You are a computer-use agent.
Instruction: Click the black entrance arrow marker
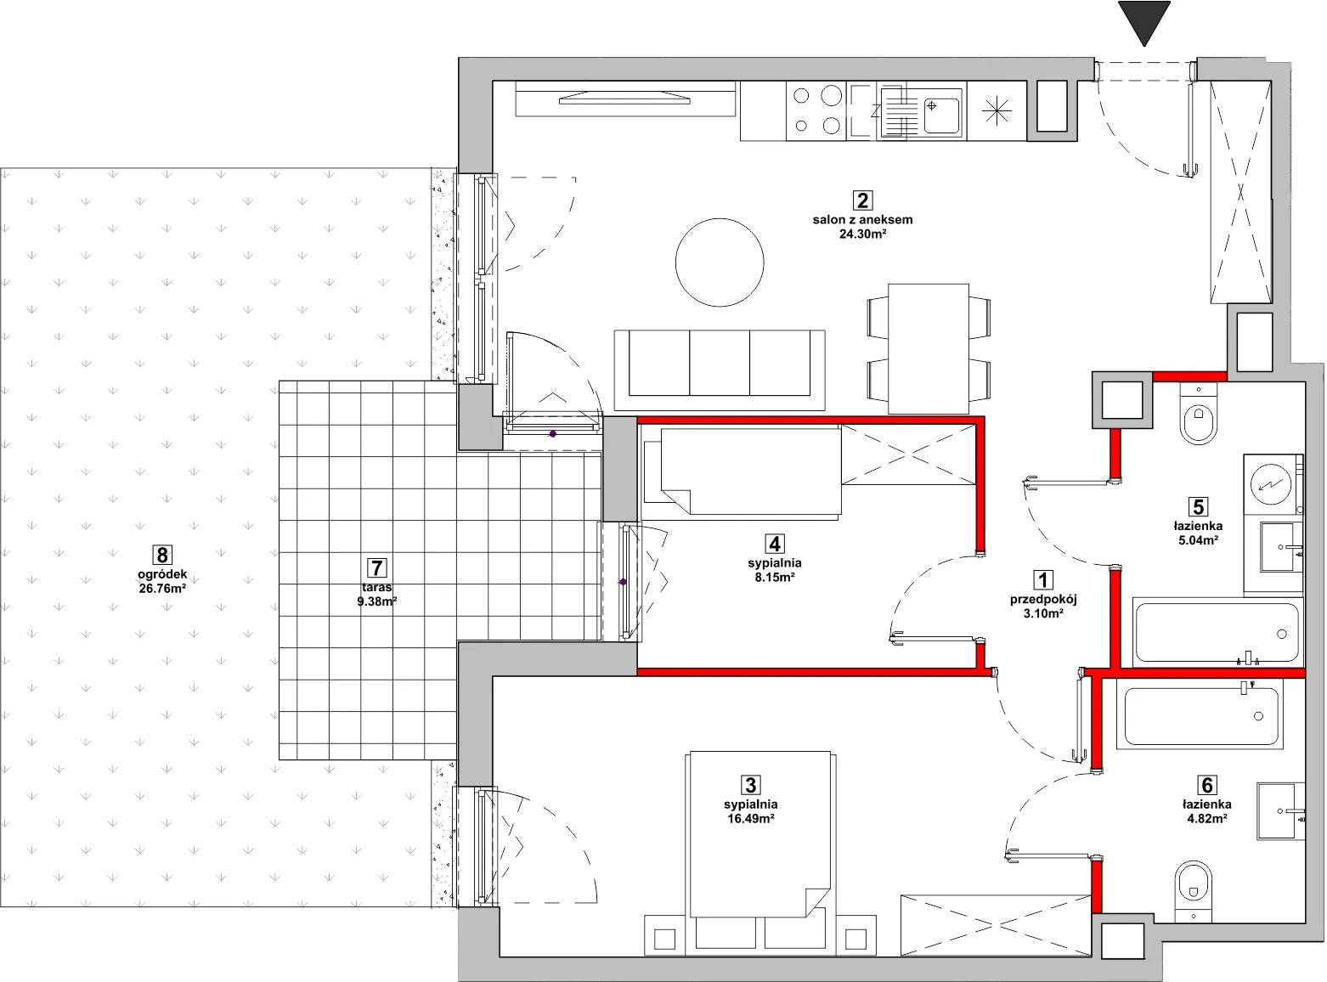pyautogui.click(x=1144, y=21)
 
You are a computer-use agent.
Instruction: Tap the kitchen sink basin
pyautogui.click(x=941, y=116)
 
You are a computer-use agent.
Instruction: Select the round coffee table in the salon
pyautogui.click(x=720, y=262)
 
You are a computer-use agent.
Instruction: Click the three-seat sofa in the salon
pyautogui.click(x=720, y=370)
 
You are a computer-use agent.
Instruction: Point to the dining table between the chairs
pyautogui.click(x=929, y=349)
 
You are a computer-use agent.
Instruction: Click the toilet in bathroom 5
pyautogui.click(x=1199, y=414)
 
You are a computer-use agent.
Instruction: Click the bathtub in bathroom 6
pyautogui.click(x=1200, y=716)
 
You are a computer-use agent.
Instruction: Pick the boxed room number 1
pyautogui.click(x=1043, y=580)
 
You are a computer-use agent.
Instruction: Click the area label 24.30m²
pyautogui.click(x=862, y=234)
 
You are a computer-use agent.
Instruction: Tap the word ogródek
pyautogui.click(x=162, y=575)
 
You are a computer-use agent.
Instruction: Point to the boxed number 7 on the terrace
pyautogui.click(x=377, y=567)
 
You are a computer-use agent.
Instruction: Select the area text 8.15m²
pyautogui.click(x=775, y=578)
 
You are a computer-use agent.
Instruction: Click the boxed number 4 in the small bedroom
pyautogui.click(x=775, y=544)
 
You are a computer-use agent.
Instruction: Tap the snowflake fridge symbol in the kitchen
pyautogui.click(x=997, y=111)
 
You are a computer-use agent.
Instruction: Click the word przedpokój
pyautogui.click(x=1043, y=599)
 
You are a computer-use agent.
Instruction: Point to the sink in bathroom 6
pyautogui.click(x=1280, y=811)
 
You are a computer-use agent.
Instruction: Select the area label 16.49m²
pyautogui.click(x=751, y=819)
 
